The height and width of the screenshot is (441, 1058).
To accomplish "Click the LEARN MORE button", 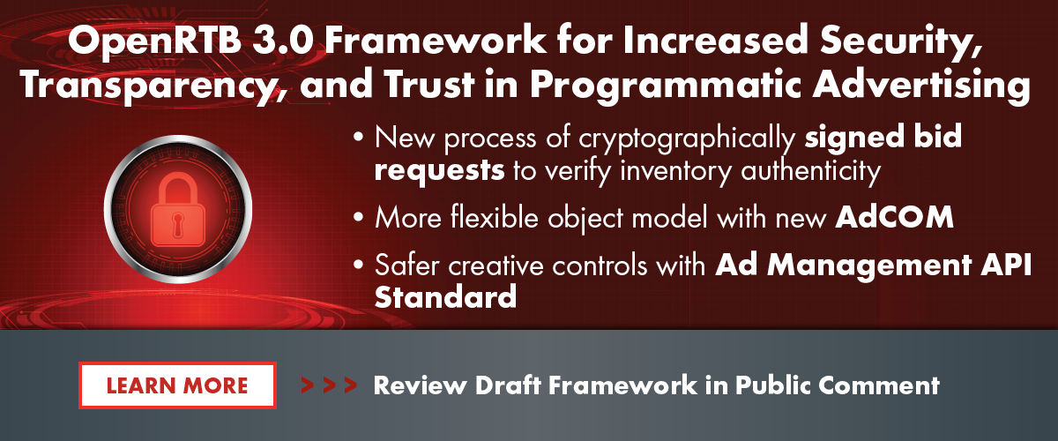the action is [x=177, y=385].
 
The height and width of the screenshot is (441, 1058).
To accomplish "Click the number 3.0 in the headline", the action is [x=283, y=41].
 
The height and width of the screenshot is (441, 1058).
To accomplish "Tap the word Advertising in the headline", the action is [x=921, y=85].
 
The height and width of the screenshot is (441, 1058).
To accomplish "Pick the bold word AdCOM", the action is [x=894, y=218].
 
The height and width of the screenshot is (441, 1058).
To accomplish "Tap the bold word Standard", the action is [x=445, y=297].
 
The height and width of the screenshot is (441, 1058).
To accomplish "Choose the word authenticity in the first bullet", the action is [x=811, y=171].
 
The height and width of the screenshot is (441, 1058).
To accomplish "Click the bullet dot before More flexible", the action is [x=359, y=218].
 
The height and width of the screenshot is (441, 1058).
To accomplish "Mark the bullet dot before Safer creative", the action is [x=359, y=265].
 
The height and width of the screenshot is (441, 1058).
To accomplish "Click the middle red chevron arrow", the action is [x=329, y=385].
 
